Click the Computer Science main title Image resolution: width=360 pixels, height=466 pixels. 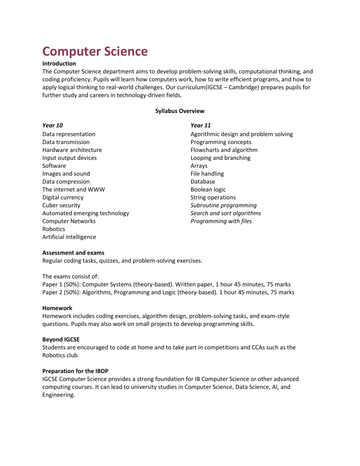[x=95, y=51]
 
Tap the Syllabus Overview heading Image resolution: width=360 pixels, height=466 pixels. [x=180, y=111]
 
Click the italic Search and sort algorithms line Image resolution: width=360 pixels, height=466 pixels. [x=225, y=213]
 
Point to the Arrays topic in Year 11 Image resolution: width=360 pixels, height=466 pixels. [x=199, y=166]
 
